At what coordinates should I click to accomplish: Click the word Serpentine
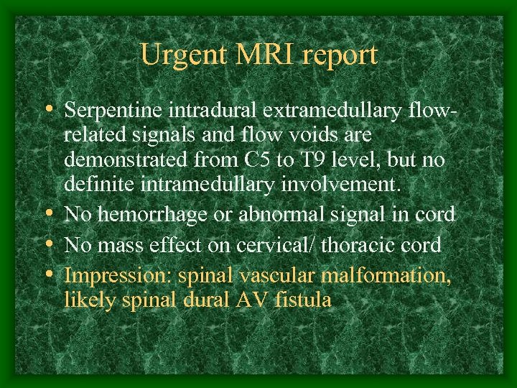click(x=115, y=111)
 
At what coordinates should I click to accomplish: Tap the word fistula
click(x=302, y=300)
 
